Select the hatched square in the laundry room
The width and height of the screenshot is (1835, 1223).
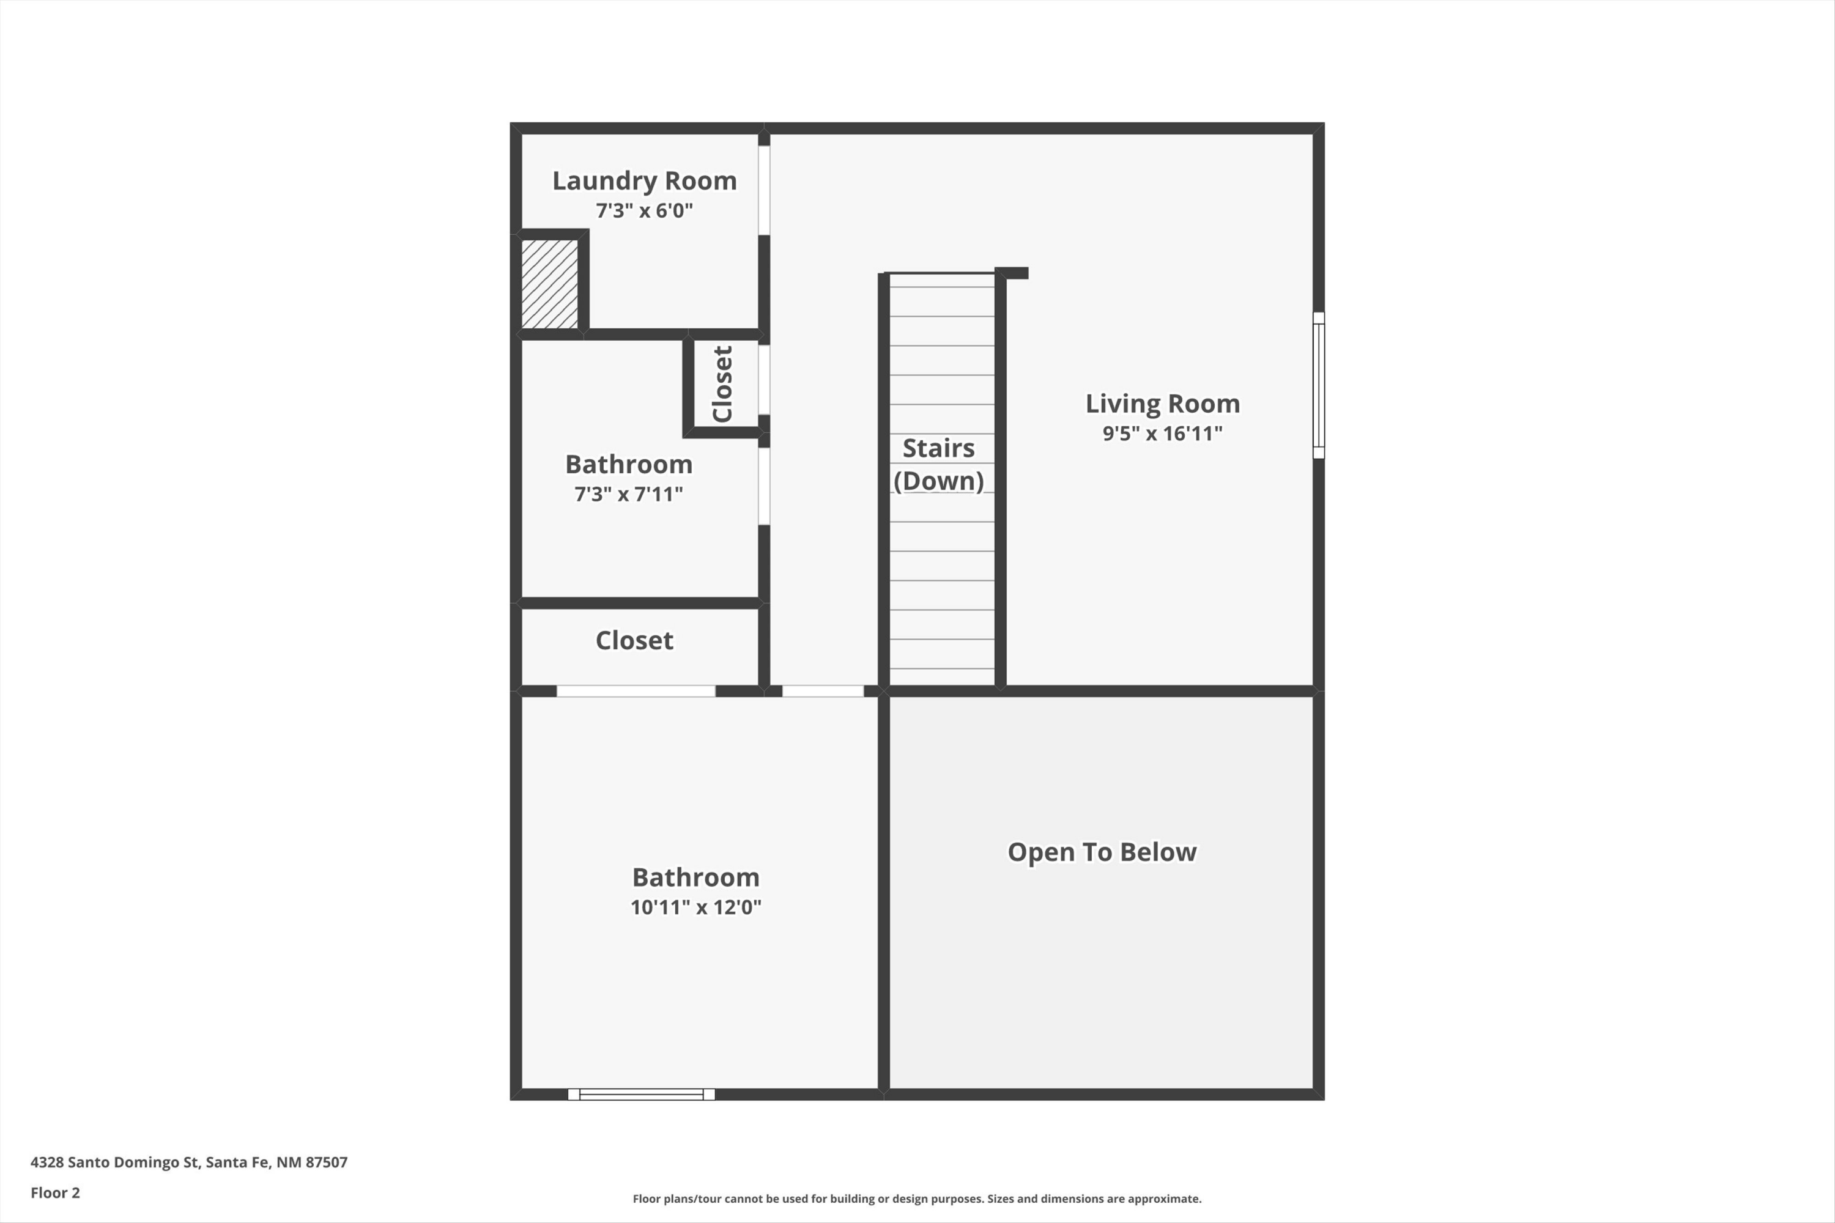coord(549,284)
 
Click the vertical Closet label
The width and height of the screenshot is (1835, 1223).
coord(722,384)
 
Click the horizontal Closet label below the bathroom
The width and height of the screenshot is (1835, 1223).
coord(634,640)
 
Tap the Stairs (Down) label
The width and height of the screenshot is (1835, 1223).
coord(938,465)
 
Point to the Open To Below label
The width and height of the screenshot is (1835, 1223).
coord(1101,852)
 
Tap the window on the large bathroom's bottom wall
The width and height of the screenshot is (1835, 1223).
coord(640,1095)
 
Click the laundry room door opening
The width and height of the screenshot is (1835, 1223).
coord(764,190)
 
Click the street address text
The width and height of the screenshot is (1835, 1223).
coord(189,1162)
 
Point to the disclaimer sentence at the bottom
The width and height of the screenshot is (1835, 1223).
coord(917,1199)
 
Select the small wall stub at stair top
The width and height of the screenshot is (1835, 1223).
coord(1014,273)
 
